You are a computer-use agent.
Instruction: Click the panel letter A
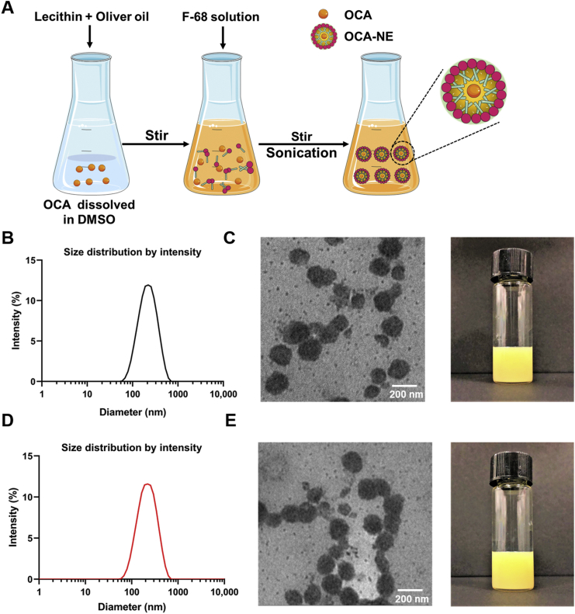point(9,9)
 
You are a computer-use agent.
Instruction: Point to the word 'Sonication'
point(300,154)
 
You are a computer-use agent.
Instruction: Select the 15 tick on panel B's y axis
point(29,260)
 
